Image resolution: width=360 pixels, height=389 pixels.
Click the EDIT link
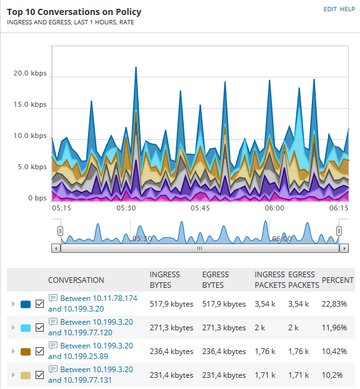click(x=330, y=9)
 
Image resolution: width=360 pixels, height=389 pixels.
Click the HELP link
click(x=347, y=9)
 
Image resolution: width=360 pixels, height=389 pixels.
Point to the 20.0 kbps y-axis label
click(x=30, y=73)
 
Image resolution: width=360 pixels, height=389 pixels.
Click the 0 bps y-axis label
click(x=37, y=198)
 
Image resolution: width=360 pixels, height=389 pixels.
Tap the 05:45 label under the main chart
click(x=200, y=208)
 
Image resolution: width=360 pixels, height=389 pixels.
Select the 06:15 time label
click(x=339, y=208)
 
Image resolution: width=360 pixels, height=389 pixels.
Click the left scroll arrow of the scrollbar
click(x=56, y=248)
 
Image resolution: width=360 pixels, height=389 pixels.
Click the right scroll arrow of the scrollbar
click(x=344, y=248)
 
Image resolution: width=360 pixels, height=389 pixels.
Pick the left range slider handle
click(x=60, y=231)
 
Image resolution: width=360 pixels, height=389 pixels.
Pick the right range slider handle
click(x=339, y=231)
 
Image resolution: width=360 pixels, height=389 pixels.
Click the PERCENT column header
click(x=337, y=280)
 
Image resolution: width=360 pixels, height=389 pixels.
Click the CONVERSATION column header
click(x=76, y=280)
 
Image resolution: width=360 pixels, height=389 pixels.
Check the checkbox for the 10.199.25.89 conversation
click(x=40, y=352)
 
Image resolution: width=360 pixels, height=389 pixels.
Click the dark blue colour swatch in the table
click(x=26, y=304)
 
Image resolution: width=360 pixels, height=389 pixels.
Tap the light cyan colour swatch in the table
click(x=26, y=328)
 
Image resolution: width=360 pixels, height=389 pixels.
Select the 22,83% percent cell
click(x=334, y=304)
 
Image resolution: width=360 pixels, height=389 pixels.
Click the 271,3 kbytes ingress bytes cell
click(x=171, y=328)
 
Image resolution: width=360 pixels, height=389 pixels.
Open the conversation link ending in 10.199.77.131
click(x=91, y=375)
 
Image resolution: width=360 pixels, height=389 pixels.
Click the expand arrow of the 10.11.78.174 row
click(x=13, y=304)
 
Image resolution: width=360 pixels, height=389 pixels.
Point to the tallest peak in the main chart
click(x=136, y=67)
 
